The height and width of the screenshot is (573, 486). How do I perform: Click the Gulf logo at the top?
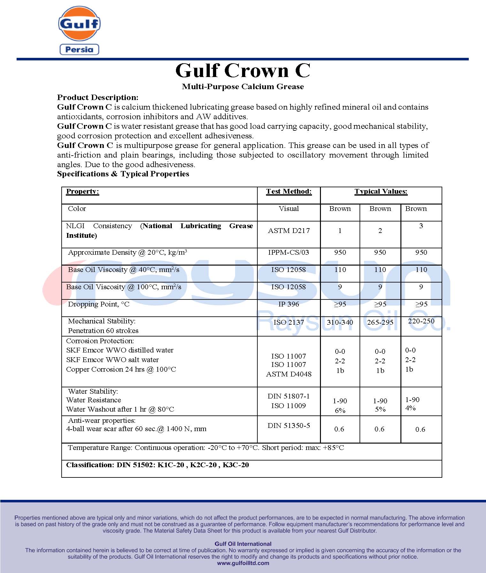tap(79, 24)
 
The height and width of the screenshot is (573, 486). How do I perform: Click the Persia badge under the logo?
tap(79, 50)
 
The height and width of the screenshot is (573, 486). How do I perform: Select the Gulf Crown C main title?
tap(243, 71)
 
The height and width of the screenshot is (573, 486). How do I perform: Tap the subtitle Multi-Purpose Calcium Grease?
tap(243, 87)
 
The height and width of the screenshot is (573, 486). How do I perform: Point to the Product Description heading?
tap(98, 97)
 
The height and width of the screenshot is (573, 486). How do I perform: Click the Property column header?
tap(82, 191)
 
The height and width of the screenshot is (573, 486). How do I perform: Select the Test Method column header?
tap(289, 191)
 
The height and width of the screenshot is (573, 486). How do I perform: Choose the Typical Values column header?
tap(381, 191)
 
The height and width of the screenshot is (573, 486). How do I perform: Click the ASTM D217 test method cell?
tap(289, 231)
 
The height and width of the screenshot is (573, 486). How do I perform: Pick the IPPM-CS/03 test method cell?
tap(289, 252)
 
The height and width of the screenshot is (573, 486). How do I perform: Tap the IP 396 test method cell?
tap(289, 304)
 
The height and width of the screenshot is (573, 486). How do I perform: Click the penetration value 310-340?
tap(340, 322)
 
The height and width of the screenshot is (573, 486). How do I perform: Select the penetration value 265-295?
tap(380, 322)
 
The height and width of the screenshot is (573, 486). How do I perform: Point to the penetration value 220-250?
tap(421, 321)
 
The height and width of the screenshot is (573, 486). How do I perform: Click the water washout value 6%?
tap(340, 411)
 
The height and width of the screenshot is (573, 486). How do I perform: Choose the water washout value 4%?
tap(410, 408)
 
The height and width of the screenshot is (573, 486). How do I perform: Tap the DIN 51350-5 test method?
tap(289, 426)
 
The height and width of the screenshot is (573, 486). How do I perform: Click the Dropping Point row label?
tap(99, 304)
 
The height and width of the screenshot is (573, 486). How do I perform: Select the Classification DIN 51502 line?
tap(157, 465)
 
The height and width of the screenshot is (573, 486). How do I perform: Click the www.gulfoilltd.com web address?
tap(243, 563)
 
